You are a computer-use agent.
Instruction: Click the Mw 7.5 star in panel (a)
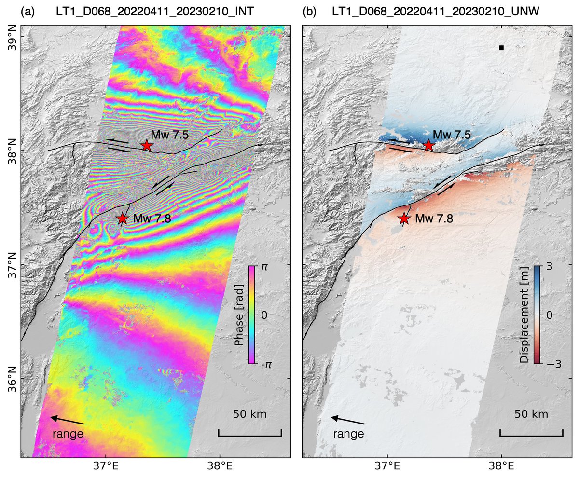(147, 145)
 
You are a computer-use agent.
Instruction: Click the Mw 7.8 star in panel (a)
(122, 219)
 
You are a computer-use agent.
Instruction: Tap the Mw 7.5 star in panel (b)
(428, 145)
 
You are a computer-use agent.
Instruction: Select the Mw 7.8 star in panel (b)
(404, 219)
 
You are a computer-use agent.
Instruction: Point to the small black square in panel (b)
(501, 48)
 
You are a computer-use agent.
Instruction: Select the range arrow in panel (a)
(67, 420)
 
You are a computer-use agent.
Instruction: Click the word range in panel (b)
(348, 434)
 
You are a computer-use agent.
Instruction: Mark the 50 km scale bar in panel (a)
(250, 433)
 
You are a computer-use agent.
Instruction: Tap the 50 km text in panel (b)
(531, 414)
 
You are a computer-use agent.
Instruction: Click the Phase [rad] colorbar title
(239, 315)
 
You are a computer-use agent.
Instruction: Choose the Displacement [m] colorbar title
(524, 315)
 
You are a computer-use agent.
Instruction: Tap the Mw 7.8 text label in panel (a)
(152, 219)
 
